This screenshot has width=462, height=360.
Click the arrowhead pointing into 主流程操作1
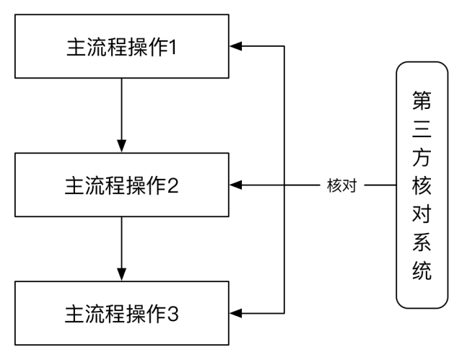point(236,47)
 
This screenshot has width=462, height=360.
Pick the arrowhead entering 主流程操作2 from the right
point(236,185)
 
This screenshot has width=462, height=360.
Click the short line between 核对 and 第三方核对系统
point(379,185)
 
